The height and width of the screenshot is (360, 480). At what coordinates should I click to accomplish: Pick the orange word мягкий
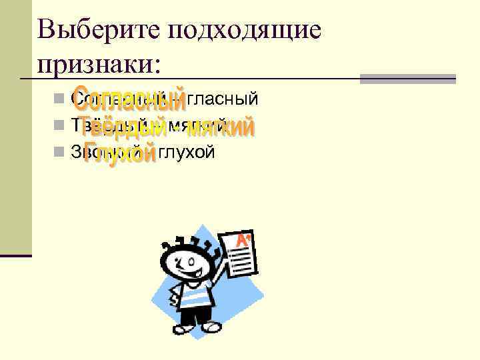(221, 126)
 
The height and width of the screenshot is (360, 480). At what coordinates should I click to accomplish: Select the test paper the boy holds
(241, 257)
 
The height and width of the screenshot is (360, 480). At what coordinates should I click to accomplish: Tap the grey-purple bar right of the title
(407, 78)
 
